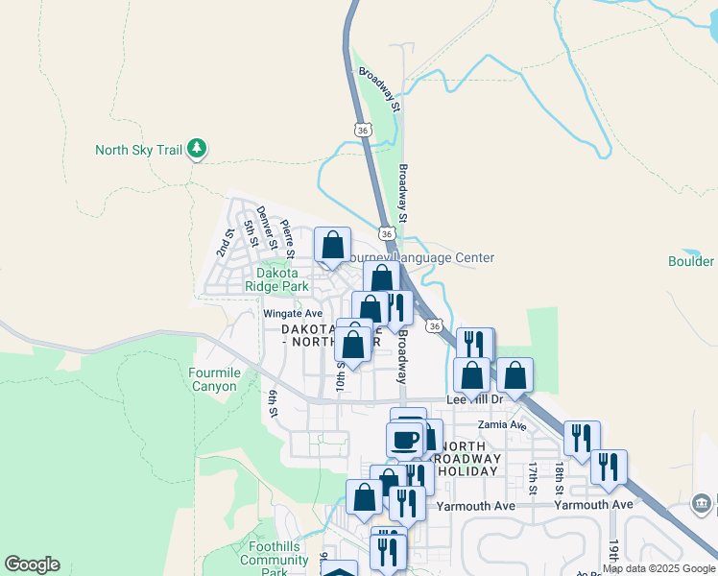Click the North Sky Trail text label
[138, 150]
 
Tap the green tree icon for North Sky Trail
[198, 148]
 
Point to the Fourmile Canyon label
[213, 379]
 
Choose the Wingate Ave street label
[293, 314]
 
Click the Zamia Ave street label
[503, 424]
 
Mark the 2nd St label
[226, 243]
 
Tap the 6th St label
[273, 403]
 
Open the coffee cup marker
[405, 441]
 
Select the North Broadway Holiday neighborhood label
[467, 459]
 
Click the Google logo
[32, 564]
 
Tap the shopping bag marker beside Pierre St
[332, 246]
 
